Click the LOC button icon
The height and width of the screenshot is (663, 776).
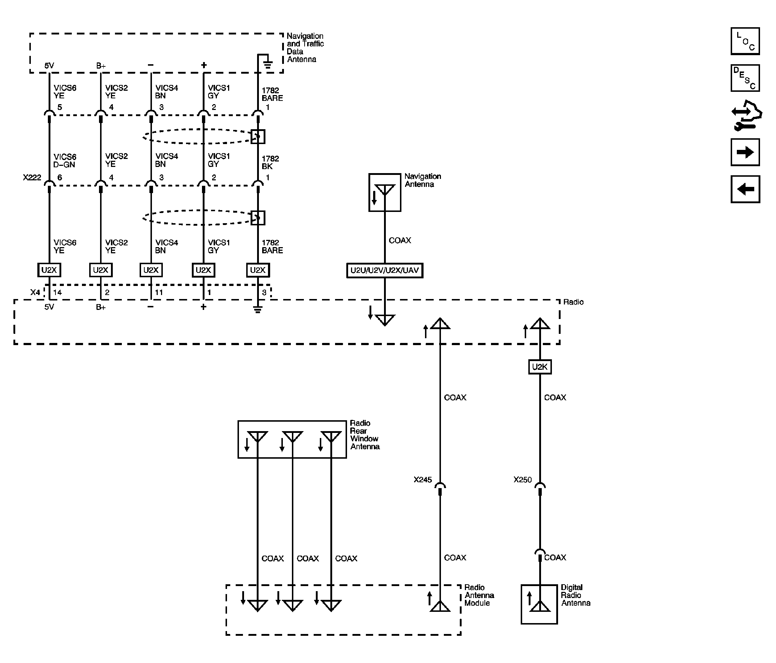tap(745, 41)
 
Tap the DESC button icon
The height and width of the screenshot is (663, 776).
tap(745, 78)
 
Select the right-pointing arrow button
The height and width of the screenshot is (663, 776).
tap(745, 152)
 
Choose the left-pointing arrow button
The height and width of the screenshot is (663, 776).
tap(745, 189)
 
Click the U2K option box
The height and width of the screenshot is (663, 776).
tap(540, 367)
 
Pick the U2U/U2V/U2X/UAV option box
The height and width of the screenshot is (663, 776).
tap(385, 270)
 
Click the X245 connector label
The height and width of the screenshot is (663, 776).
tap(422, 480)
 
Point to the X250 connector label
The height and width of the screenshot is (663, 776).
tap(523, 480)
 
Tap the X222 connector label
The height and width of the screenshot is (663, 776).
tap(32, 177)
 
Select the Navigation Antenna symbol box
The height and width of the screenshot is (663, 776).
tap(385, 192)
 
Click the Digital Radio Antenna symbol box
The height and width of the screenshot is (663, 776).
tap(539, 604)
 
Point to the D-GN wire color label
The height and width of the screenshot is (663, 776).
tap(64, 164)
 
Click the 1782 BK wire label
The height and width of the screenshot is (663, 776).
tap(270, 162)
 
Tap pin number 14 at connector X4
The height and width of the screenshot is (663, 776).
tap(57, 292)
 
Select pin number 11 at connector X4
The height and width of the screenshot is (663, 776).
tap(159, 292)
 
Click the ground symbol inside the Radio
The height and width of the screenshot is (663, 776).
tap(258, 309)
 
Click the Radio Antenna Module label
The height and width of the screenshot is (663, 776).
tap(479, 595)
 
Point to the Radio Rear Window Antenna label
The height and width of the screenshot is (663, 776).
tap(364, 435)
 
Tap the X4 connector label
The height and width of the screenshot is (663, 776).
tap(35, 292)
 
